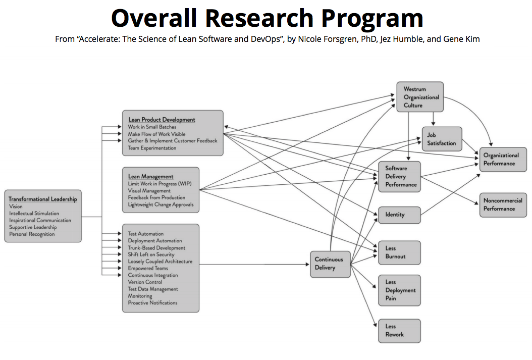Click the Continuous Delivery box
330,264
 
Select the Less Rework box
399,331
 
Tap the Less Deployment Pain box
399,290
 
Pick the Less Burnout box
399,252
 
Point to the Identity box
399,215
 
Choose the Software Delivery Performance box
399,177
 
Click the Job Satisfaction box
442,139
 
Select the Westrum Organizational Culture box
420,97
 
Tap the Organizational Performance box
503,160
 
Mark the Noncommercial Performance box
503,204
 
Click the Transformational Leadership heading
43,199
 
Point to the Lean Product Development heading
162,120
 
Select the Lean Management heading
151,177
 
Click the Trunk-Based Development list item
156,248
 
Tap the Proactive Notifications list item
152,303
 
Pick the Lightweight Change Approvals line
161,204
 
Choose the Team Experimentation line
152,148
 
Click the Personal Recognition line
32,234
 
